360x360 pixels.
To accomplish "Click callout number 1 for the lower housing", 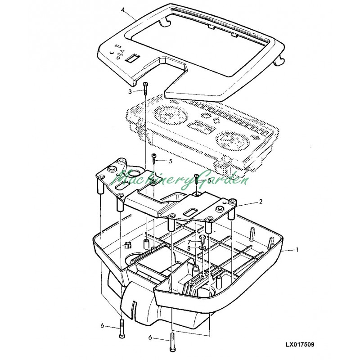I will [x=297, y=249].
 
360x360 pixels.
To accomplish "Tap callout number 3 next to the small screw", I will [x=130, y=91].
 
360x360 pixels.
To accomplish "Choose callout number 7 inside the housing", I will [x=189, y=242].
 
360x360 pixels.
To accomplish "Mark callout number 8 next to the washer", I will [x=189, y=248].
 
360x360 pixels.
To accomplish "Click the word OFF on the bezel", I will [x=118, y=46].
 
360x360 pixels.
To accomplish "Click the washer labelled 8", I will [x=201, y=247].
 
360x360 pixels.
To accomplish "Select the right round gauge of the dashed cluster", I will [x=230, y=139].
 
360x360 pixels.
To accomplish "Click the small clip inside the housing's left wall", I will [x=127, y=246].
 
